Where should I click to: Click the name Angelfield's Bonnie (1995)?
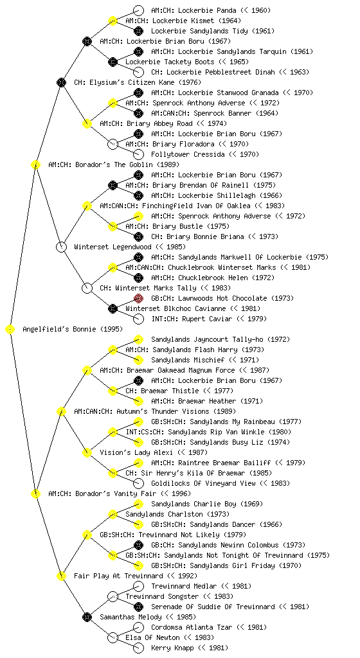tap(73, 329)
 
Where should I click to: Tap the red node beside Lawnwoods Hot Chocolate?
tap(138, 298)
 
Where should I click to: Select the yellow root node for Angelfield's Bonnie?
tap(10, 329)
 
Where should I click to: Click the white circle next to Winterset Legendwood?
tap(61, 247)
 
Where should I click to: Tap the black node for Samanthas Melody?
tap(87, 617)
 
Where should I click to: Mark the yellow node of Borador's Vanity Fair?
tap(35, 493)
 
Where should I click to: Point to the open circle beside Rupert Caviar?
tap(138, 319)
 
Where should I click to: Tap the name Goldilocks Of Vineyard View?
tap(203, 483)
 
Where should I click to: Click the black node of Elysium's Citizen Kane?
tap(61, 82)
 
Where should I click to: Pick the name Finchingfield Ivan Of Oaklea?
tap(196, 206)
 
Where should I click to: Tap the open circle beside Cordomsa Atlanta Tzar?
tap(138, 627)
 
